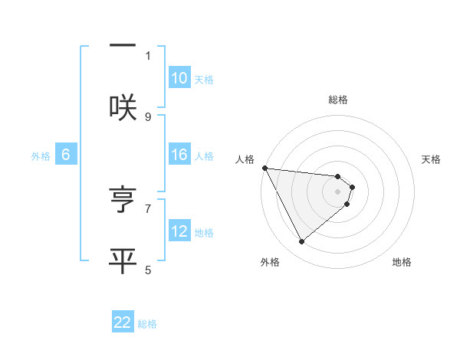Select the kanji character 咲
tap(123, 107)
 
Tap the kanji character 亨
tap(123, 200)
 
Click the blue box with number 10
tap(179, 78)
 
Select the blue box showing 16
tap(179, 155)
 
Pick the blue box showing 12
tap(179, 231)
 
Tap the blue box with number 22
tap(123, 322)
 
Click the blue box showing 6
tap(66, 155)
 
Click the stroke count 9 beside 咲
tap(148, 116)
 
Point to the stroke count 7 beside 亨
tap(148, 208)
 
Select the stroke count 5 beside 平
tap(148, 269)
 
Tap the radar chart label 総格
tap(338, 100)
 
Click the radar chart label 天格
tap(432, 159)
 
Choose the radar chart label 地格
tap(402, 262)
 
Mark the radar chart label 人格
tap(245, 159)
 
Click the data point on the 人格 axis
tap(264, 168)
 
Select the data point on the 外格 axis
tap(302, 242)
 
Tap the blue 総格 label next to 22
tap(147, 324)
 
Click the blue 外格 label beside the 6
tap(41, 156)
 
